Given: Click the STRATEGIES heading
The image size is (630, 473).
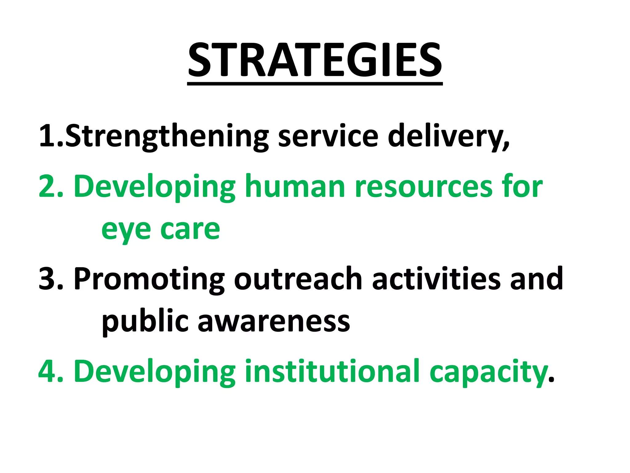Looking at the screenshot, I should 315,60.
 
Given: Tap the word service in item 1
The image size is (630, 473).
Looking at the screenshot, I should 328,136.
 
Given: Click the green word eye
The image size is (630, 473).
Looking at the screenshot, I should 126,230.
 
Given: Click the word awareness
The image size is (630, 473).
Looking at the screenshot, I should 273,322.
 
